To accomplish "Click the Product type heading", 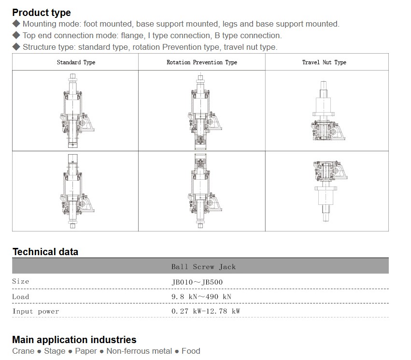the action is tap(42, 13).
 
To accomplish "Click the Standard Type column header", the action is tap(76, 62).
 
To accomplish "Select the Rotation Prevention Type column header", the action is tap(202, 62).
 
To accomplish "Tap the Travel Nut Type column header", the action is tap(324, 62).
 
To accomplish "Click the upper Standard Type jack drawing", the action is tap(77, 111).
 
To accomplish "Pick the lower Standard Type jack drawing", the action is tap(77, 191).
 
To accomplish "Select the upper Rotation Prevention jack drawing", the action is tap(205, 112).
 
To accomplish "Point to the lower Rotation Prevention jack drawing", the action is tap(205, 190).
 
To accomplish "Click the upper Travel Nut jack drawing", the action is tap(328, 111).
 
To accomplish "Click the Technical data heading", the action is tap(45, 252).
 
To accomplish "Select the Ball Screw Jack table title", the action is tap(203, 267).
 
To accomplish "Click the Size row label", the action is tap(20, 281).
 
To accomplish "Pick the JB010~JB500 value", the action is tap(197, 282).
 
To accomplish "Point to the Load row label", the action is tap(20, 297).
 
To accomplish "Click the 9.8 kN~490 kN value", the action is tap(201, 297).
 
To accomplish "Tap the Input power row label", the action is tap(36, 312).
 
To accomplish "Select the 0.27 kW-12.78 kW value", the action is tap(206, 311).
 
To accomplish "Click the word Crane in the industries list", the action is tap(23, 351).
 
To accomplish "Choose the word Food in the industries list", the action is tap(191, 351).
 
